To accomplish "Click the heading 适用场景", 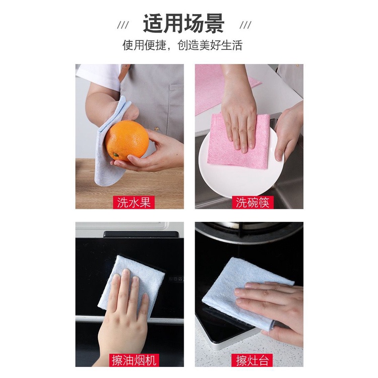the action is coord(183,24).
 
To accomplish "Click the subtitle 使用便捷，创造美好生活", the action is coord(182,45).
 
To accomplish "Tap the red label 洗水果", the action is coord(134,202).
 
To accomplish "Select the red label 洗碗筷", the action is coord(252,202).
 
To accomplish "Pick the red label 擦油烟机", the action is coord(134,360).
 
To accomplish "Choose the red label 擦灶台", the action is coord(252,360).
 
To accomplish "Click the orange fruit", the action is coord(127,141).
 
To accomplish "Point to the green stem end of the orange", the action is coord(116,154).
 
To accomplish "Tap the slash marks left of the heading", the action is coord(123,25).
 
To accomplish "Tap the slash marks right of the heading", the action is coord(245,25).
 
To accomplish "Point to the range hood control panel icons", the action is coord(176,279).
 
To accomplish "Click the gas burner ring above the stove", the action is coord(248,231).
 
